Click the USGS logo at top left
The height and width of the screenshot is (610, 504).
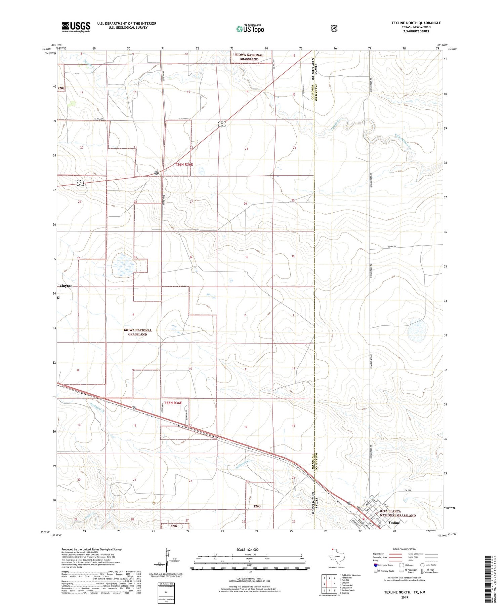(76, 27)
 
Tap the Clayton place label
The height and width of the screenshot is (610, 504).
(66, 286)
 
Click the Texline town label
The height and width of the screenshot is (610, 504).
(394, 523)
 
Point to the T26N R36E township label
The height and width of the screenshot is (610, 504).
(184, 165)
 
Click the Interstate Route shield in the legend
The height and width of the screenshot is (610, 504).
(375, 565)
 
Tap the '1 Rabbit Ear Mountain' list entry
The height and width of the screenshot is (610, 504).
(350, 575)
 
